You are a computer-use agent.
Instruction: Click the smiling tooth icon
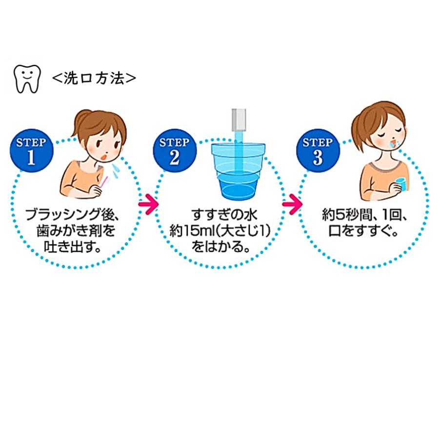(x=26, y=78)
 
